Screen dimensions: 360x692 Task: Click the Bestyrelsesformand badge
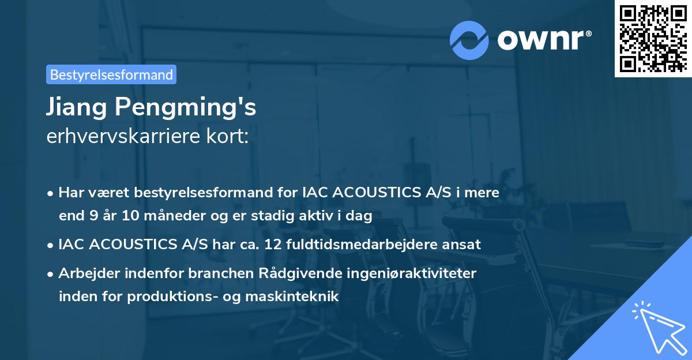111,74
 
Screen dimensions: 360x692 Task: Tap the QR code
653,38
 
